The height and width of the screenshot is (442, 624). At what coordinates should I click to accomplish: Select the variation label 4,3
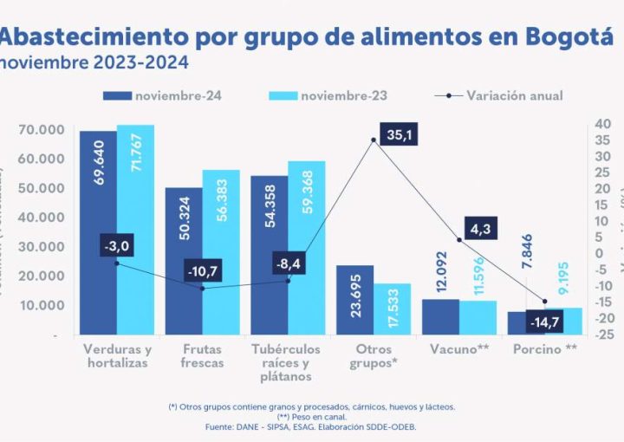pos(484,231)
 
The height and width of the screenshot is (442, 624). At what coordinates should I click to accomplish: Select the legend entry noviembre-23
pos(347,95)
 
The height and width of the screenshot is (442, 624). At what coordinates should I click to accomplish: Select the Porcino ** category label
pos(545,349)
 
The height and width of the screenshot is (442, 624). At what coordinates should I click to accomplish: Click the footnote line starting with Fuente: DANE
pos(311,427)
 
